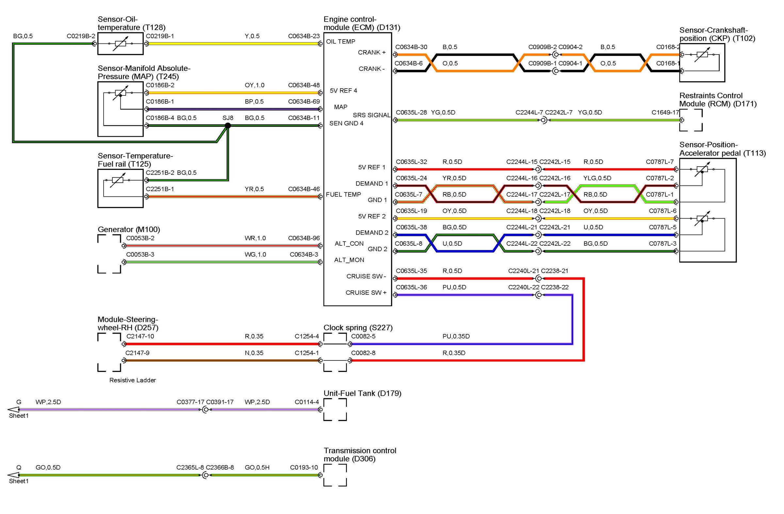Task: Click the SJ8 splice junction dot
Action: point(227,125)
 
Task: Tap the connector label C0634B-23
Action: point(304,36)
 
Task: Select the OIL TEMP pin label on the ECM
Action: point(341,41)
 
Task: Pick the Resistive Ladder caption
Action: point(132,380)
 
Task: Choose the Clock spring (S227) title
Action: point(358,327)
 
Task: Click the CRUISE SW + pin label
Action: point(366,292)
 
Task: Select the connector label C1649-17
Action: point(665,112)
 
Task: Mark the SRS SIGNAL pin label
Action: point(371,115)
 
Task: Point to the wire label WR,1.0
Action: point(255,238)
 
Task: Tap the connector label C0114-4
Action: point(306,402)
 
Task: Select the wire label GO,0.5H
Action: point(257,467)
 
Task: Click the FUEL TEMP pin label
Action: point(343,194)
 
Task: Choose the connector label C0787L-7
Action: point(660,162)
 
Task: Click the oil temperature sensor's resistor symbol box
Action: point(120,43)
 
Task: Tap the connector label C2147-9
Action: point(138,353)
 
